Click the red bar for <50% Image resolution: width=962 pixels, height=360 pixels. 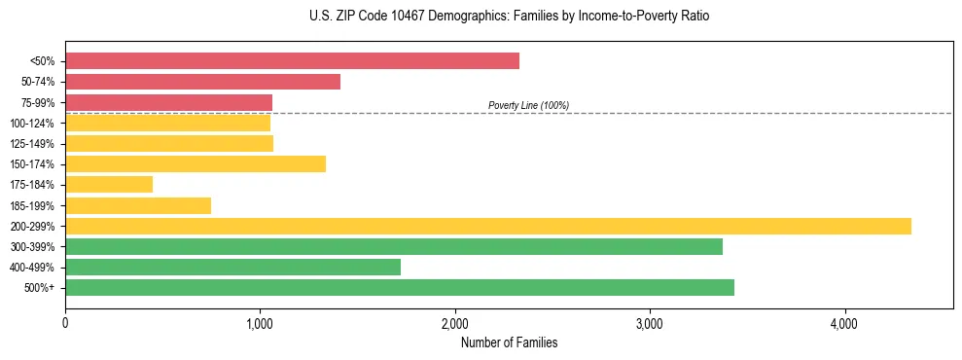pyautogui.click(x=292, y=61)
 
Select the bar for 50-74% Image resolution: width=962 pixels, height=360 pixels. pyautogui.click(x=202, y=82)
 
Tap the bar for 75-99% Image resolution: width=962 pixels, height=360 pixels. pyautogui.click(x=168, y=102)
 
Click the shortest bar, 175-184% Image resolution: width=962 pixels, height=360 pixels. pyautogui.click(x=109, y=185)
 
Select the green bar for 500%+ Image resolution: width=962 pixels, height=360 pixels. pyautogui.click(x=400, y=287)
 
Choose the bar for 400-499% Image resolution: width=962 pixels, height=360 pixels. pyautogui.click(x=232, y=267)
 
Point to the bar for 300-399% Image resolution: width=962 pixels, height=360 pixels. pyautogui.click(x=394, y=246)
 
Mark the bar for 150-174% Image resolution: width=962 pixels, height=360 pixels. pyautogui.click(x=196, y=164)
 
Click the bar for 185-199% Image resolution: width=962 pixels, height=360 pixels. pyautogui.click(x=138, y=205)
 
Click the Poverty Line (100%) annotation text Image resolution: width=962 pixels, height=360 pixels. pyautogui.click(x=528, y=105)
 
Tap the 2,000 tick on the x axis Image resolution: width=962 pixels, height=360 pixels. pyautogui.click(x=454, y=324)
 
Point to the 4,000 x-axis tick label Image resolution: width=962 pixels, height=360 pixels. pyautogui.click(x=844, y=324)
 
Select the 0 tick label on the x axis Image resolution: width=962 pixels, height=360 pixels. pyautogui.click(x=65, y=324)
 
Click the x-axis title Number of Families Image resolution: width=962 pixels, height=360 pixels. pyautogui.click(x=509, y=342)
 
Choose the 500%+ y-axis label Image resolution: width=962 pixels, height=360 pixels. pyautogui.click(x=40, y=288)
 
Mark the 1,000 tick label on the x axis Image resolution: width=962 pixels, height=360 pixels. pyautogui.click(x=260, y=324)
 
